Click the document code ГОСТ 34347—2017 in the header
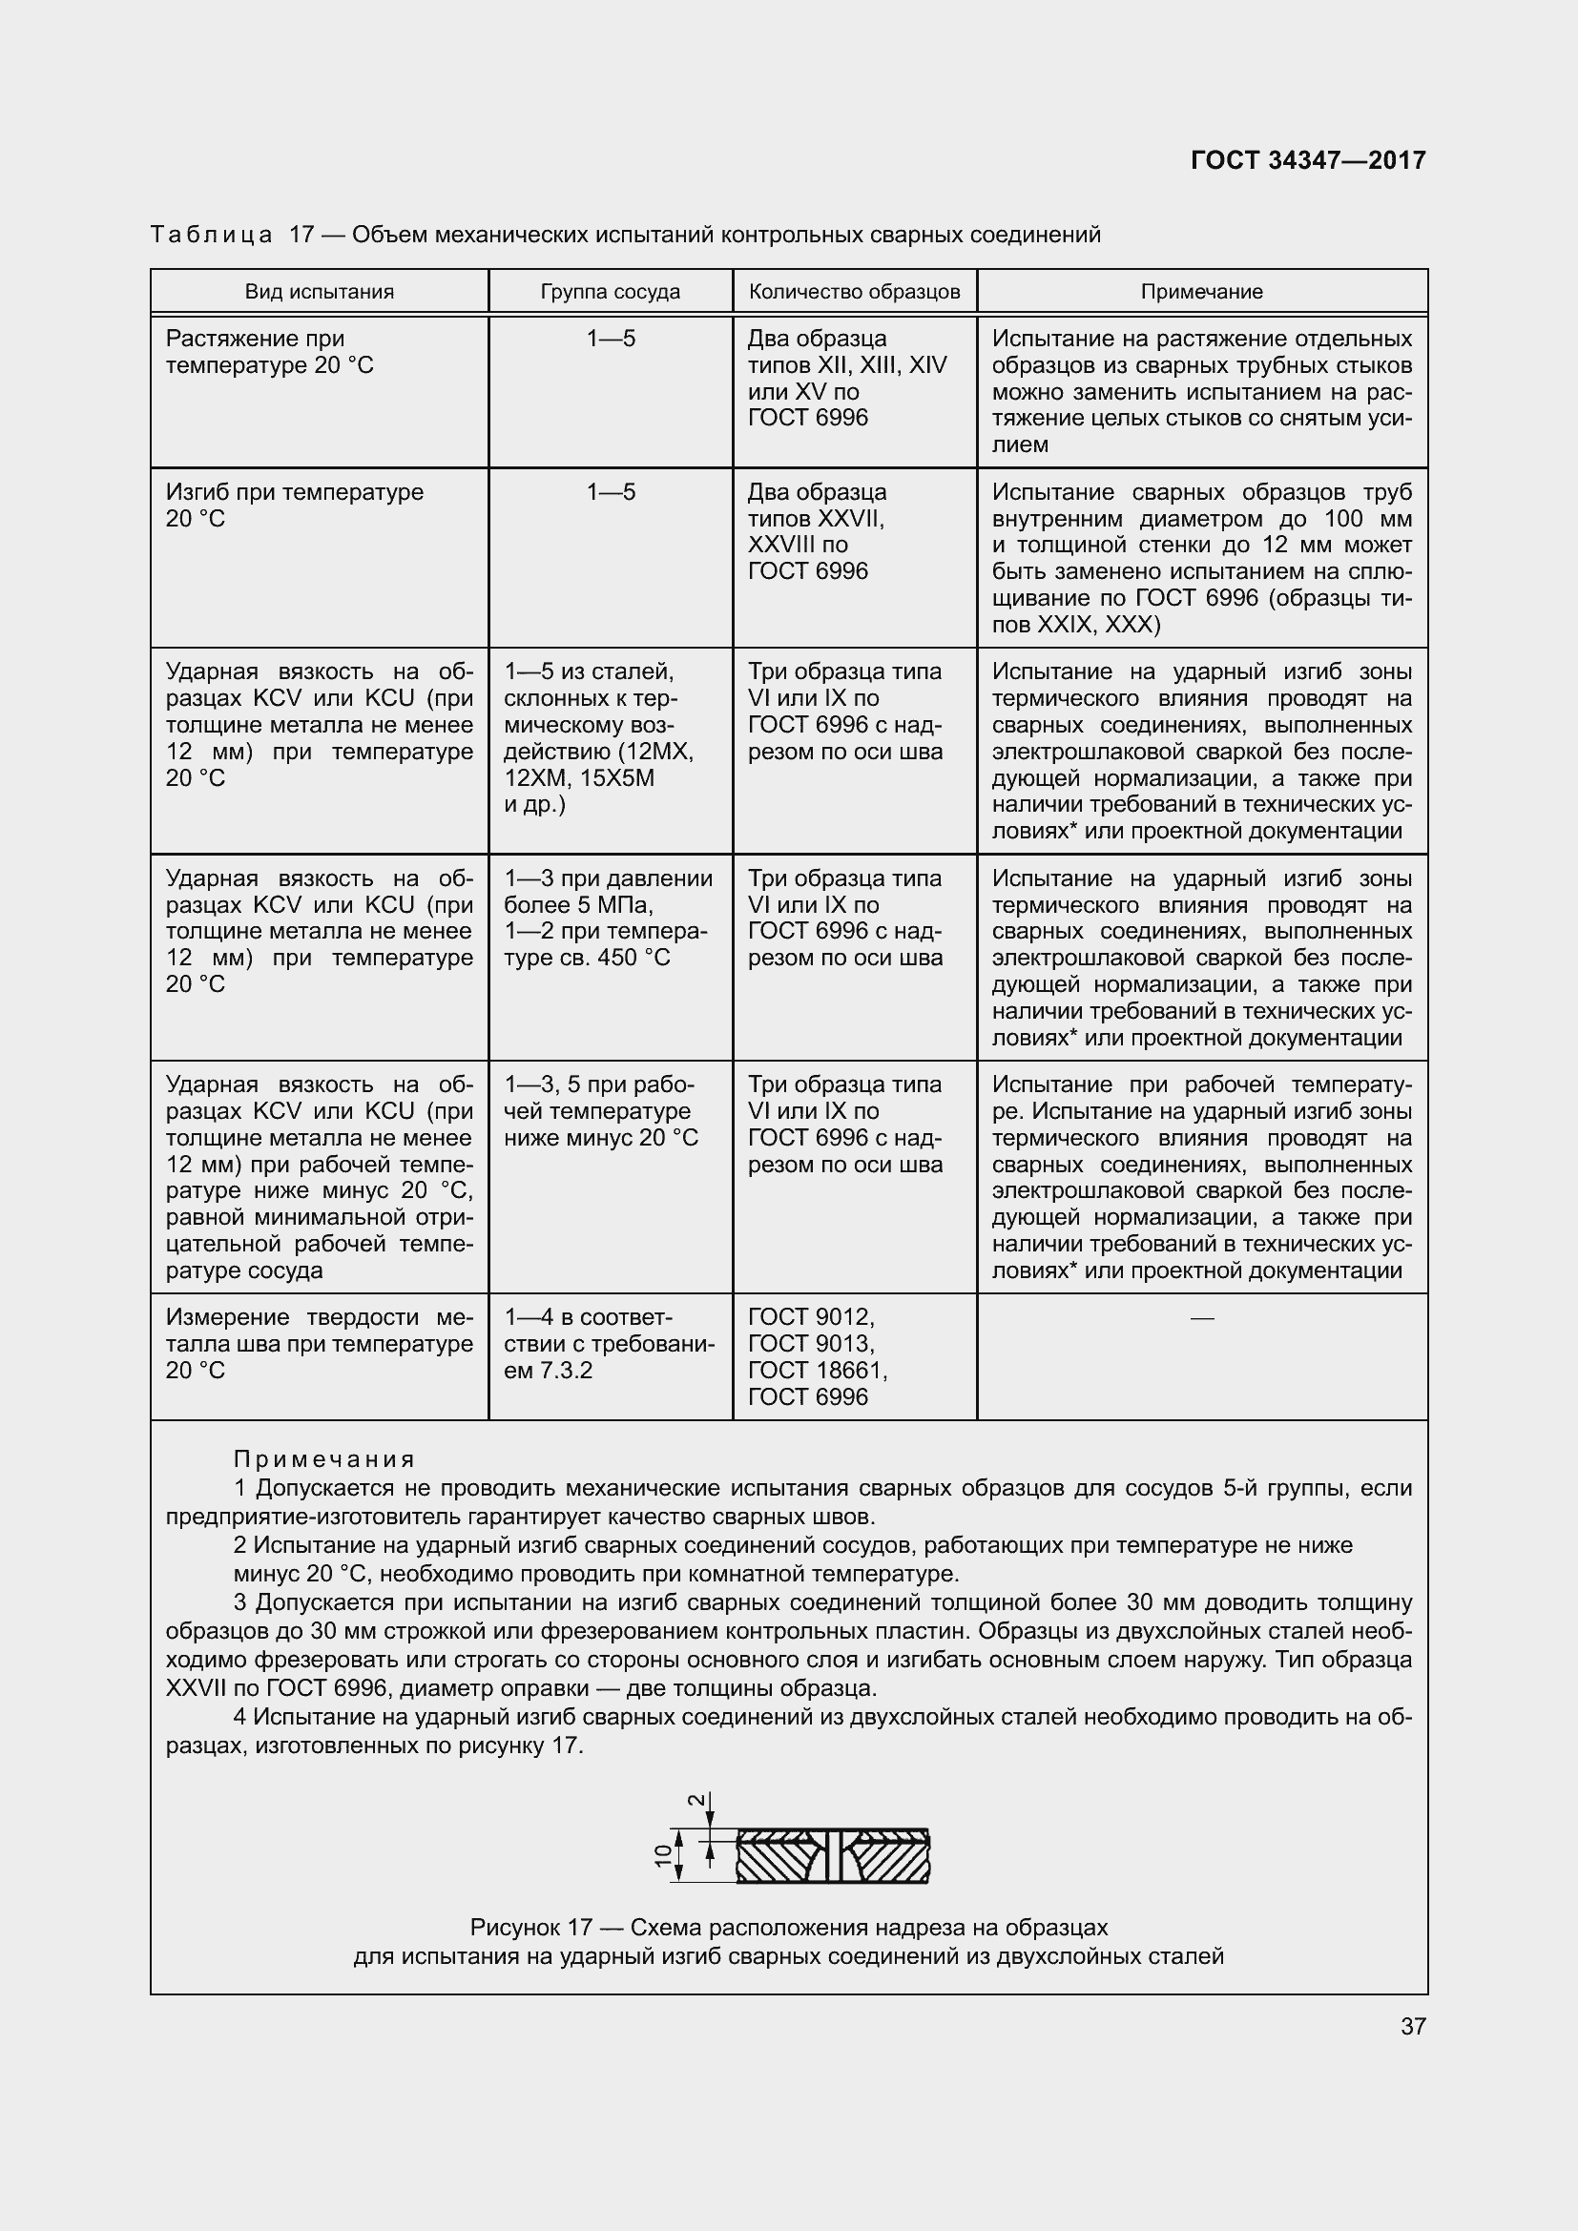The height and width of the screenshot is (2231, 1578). (x=1308, y=160)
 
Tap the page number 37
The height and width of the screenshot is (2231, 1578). (x=1413, y=2026)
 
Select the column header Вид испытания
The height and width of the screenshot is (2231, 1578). (x=319, y=292)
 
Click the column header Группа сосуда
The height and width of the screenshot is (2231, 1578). (x=611, y=292)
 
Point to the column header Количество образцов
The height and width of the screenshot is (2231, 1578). (x=854, y=292)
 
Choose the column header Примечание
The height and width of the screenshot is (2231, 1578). (x=1202, y=292)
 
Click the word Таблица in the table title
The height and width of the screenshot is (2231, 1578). (x=212, y=236)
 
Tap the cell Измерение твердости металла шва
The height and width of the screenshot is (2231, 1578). (x=319, y=1344)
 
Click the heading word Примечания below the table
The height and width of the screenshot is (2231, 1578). (x=324, y=1459)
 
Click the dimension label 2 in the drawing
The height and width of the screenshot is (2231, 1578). (x=696, y=1799)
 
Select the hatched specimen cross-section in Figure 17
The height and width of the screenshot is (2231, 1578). (x=833, y=1855)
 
